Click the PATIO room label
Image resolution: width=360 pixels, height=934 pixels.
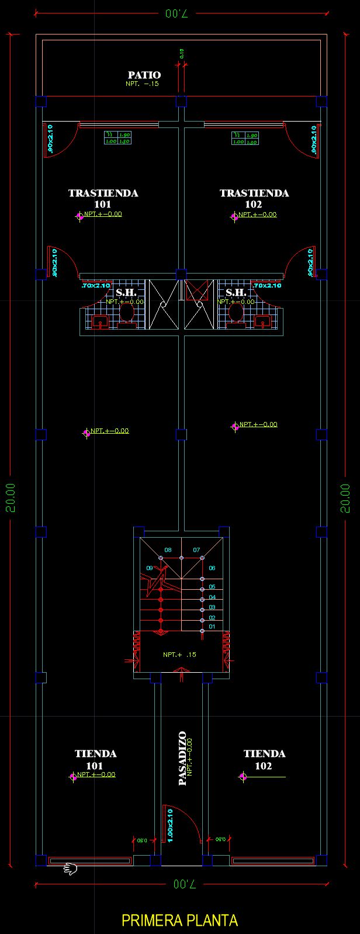tap(144, 75)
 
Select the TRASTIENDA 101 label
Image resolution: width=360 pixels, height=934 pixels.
tap(103, 198)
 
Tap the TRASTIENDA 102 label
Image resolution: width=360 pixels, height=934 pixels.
tap(254, 198)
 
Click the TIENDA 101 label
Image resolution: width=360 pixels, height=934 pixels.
tap(95, 759)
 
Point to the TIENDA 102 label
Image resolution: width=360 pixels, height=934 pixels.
tap(264, 759)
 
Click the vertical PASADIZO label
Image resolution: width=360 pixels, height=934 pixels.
tap(182, 757)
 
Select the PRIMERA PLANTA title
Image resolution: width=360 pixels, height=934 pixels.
tap(179, 921)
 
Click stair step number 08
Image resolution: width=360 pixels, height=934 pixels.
tap(168, 550)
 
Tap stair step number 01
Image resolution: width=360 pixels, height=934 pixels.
tap(212, 627)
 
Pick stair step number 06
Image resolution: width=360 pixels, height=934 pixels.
tap(212, 568)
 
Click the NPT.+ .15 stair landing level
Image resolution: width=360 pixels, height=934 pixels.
tap(179, 655)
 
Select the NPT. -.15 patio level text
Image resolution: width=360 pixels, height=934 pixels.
tap(142, 84)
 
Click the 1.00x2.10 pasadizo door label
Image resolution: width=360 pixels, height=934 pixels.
tap(170, 825)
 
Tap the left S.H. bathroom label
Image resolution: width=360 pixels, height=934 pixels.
tap(126, 292)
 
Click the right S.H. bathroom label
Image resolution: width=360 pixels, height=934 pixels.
tap(236, 292)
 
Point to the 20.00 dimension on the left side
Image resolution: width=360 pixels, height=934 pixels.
tap(11, 497)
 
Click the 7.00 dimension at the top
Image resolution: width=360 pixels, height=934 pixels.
tap(176, 13)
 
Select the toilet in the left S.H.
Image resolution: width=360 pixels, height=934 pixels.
tap(127, 313)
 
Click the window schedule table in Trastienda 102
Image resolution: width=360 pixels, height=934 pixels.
tap(245, 139)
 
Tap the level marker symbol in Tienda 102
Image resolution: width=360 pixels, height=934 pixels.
tap(243, 777)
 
